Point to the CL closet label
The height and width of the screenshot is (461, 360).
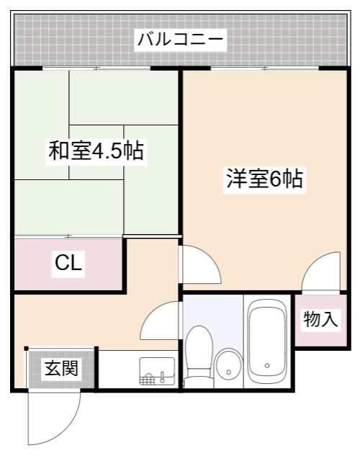click(x=69, y=264)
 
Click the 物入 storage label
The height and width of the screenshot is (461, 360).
click(x=320, y=319)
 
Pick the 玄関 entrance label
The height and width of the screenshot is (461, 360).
click(x=61, y=369)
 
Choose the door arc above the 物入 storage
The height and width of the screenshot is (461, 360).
click(x=320, y=272)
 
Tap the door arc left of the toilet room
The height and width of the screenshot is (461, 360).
click(x=160, y=320)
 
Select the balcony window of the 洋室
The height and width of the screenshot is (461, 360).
click(x=265, y=68)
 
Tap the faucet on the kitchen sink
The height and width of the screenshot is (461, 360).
click(x=164, y=375)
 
